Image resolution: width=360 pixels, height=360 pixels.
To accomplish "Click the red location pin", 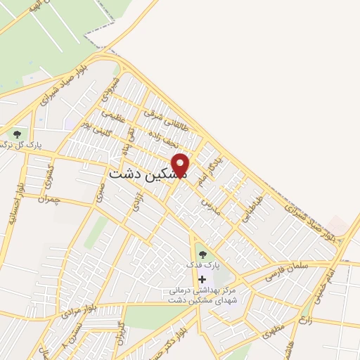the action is (x=181, y=165).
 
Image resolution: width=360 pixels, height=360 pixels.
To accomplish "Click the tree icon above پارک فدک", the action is (x=202, y=255).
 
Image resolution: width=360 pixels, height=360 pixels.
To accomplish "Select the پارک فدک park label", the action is (x=202, y=266).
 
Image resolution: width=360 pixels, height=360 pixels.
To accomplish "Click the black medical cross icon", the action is (x=202, y=279).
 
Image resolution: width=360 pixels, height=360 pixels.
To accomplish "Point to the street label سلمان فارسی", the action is (x=285, y=273).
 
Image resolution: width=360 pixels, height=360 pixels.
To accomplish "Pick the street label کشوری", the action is (x=49, y=174).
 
